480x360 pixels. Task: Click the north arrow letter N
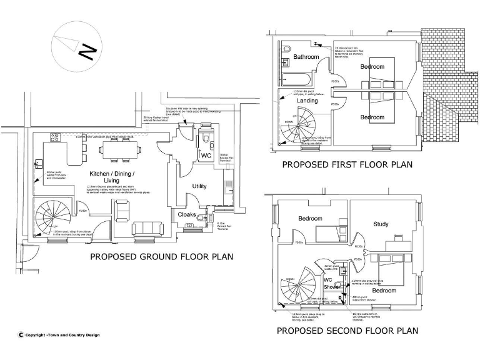click(88, 50)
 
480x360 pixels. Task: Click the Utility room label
click(199, 186)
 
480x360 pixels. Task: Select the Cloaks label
click(187, 214)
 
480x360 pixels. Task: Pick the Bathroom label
click(306, 57)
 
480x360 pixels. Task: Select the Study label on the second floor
click(381, 224)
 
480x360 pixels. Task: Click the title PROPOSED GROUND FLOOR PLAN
click(162, 256)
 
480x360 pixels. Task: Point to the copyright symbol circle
click(21, 335)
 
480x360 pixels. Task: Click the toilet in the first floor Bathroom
click(287, 49)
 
